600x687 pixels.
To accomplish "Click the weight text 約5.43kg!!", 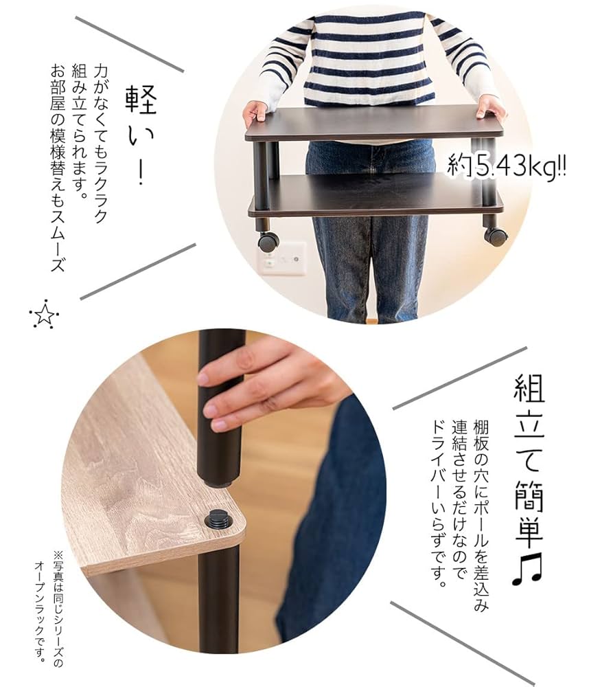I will click(507, 166).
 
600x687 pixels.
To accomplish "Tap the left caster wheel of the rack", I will click(268, 240).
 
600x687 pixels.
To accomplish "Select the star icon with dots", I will click(44, 315).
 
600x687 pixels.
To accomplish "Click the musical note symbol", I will click(527, 567).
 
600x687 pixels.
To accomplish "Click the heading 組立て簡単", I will click(528, 453).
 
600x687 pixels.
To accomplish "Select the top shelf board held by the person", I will click(374, 124).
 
